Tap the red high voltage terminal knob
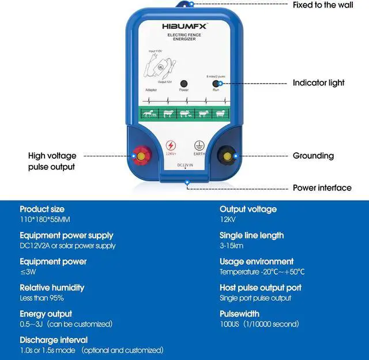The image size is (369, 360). click(140, 155)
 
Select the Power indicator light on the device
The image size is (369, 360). click(184, 84)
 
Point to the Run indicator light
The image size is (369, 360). click(215, 84)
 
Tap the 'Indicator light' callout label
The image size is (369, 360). click(319, 83)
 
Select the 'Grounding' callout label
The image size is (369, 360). click(313, 156)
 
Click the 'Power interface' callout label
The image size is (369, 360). click(322, 187)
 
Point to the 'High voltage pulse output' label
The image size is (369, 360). click(52, 161)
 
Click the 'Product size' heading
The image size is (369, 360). click(42, 209)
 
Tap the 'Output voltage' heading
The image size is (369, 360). click(248, 209)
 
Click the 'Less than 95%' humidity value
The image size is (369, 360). click(42, 298)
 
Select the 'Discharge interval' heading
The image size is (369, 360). click(54, 340)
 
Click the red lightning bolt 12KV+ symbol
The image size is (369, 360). click(171, 146)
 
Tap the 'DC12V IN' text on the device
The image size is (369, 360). click(184, 165)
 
